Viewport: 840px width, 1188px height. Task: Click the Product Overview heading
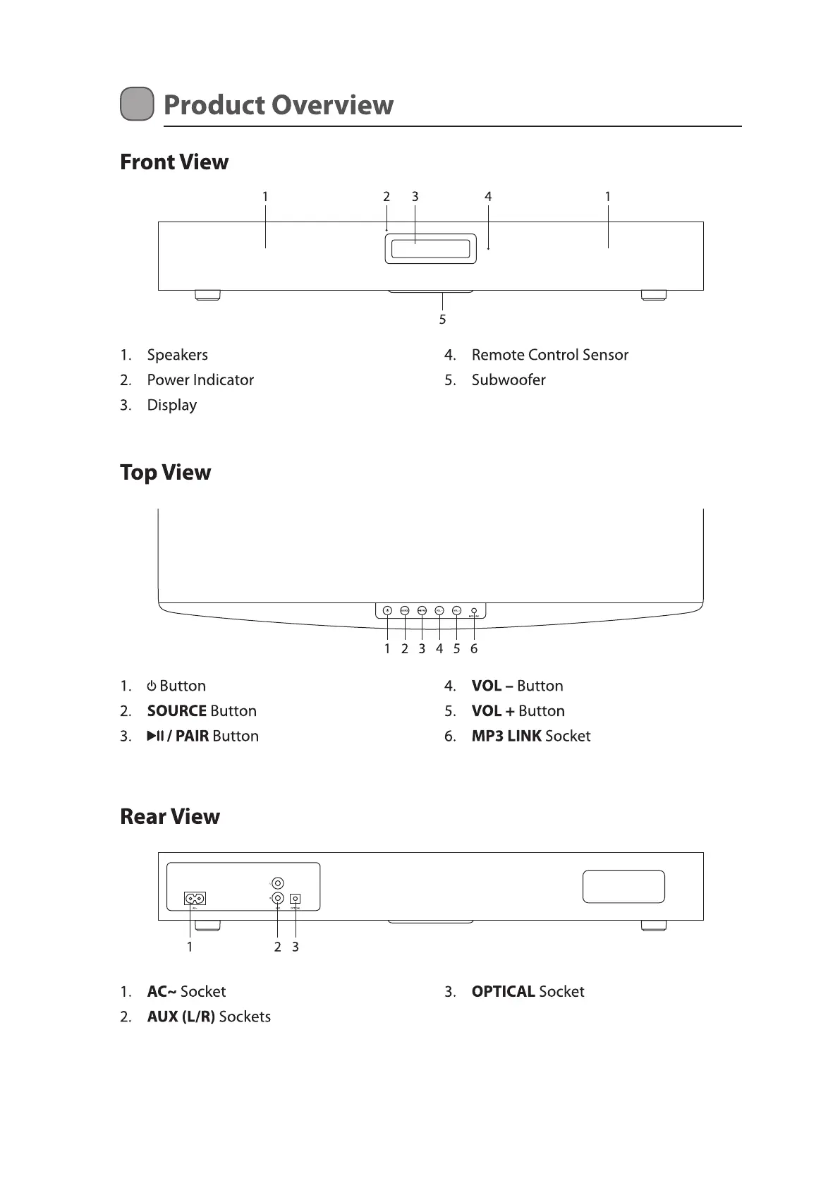pos(278,105)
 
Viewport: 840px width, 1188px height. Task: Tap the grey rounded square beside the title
pos(137,104)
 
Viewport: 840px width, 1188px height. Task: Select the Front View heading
pos(174,162)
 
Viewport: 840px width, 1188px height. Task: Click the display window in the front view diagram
pos(430,249)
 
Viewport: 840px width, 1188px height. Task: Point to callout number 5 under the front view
pos(442,320)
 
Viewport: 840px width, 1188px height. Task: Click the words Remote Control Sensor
pos(549,355)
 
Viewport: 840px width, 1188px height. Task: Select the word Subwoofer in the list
pos(509,380)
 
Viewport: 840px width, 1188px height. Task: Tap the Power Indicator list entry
pos(200,380)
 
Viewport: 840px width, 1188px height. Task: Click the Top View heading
pos(165,473)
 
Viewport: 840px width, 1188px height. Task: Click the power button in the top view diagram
pos(387,611)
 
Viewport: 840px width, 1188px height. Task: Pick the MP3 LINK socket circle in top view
pos(474,610)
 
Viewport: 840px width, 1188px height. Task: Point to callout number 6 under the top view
pos(474,649)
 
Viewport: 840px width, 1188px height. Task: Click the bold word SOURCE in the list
pos(177,711)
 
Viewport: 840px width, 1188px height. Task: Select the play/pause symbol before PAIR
pos(155,737)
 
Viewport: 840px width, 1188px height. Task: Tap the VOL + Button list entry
pos(518,711)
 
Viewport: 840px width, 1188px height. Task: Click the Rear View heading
pos(170,817)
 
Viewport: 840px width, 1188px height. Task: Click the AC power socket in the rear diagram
pos(195,898)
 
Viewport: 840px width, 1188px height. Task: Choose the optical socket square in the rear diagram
pos(296,898)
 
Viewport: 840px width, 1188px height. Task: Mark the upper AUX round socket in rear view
pos(278,883)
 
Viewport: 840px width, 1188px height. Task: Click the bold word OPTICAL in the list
pos(503,992)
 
